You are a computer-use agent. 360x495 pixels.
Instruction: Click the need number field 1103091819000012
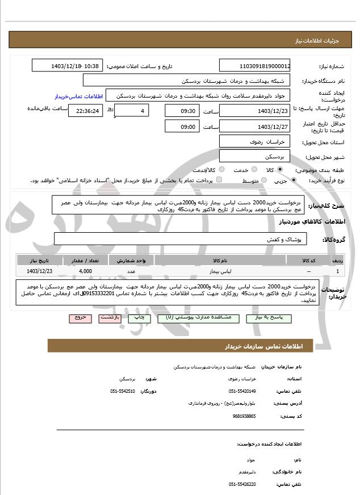coord(255,66)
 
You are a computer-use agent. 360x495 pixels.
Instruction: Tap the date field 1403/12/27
coord(255,126)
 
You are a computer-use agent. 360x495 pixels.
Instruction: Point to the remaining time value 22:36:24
coord(86,111)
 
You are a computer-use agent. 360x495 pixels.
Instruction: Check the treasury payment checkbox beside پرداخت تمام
coord(220,180)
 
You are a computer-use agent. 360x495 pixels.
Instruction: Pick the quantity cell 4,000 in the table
coord(86,271)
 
